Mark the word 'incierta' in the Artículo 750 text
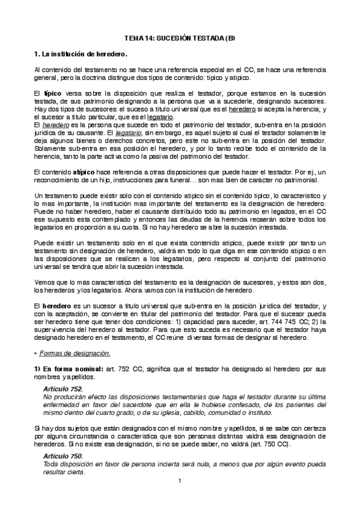[149, 465]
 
